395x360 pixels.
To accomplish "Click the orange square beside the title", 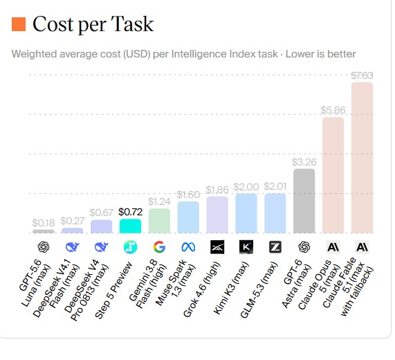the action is [x=19, y=24].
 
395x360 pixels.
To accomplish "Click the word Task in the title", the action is [x=132, y=24].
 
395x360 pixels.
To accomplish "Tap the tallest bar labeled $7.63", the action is [x=362, y=158].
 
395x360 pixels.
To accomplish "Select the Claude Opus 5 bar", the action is [x=333, y=175].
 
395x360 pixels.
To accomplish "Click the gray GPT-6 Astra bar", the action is [x=304, y=201].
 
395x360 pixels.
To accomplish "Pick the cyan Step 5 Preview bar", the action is [x=130, y=226].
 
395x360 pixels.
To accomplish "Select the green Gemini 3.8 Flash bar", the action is [x=159, y=221].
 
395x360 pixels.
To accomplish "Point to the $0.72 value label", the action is [x=130, y=212].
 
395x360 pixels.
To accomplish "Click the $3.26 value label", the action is [x=304, y=162].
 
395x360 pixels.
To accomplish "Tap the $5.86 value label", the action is [x=333, y=110].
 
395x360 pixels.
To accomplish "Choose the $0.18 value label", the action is [x=44, y=223].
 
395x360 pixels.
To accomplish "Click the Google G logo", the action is [x=159, y=246].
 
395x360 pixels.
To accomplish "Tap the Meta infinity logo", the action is [x=188, y=247].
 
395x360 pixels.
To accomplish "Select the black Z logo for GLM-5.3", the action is [x=275, y=247].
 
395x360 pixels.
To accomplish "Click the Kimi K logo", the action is [x=246, y=246].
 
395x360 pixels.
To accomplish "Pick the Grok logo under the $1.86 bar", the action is [x=217, y=246].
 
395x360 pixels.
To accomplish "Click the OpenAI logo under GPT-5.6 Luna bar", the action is [x=44, y=247].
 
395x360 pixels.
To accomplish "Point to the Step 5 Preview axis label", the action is [x=113, y=290].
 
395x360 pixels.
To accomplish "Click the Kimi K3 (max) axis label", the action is [x=231, y=288].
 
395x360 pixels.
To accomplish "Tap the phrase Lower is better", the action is [x=320, y=54].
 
